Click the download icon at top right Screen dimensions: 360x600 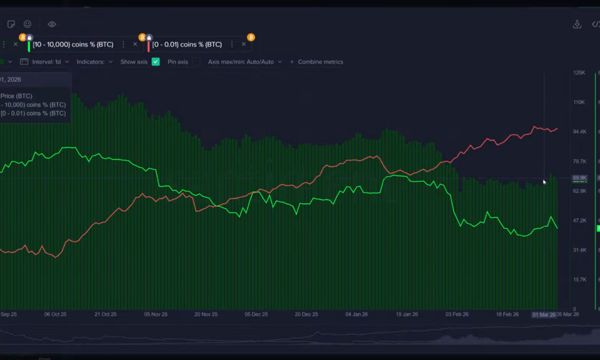577,25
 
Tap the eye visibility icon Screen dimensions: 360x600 52,25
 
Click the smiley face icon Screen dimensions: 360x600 28,25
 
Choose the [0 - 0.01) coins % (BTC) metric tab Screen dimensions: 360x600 187,44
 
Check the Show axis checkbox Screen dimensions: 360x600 156,62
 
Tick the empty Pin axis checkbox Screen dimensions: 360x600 196,62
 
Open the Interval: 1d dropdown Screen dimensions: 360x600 50,62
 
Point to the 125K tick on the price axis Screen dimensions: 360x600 579,73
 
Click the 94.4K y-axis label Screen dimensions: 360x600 579,131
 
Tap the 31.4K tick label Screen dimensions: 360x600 579,250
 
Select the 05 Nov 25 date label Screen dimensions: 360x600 155,314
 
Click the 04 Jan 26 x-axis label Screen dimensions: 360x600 356,314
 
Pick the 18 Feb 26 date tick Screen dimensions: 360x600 507,314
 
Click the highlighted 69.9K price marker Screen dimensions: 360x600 580,178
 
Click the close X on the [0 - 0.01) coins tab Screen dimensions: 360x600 244,44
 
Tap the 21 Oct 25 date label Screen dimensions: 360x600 104,314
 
